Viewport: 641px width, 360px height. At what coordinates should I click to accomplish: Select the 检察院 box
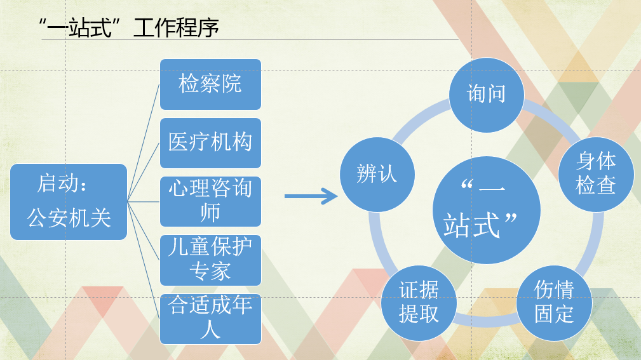coord(210,84)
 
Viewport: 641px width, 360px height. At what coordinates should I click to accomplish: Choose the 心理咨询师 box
coord(210,201)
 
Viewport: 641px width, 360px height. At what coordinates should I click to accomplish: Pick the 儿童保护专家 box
coord(210,260)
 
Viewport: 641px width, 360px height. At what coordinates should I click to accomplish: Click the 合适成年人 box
coord(210,318)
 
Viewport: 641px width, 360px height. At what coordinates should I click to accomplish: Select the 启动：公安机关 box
coord(69,201)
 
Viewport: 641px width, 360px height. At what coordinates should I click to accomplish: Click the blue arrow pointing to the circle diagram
coord(311,196)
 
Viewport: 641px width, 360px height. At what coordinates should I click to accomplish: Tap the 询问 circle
coord(486,95)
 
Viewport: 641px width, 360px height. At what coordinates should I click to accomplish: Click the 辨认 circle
coord(377,174)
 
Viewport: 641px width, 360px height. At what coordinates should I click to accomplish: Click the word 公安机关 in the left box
coord(69,218)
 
